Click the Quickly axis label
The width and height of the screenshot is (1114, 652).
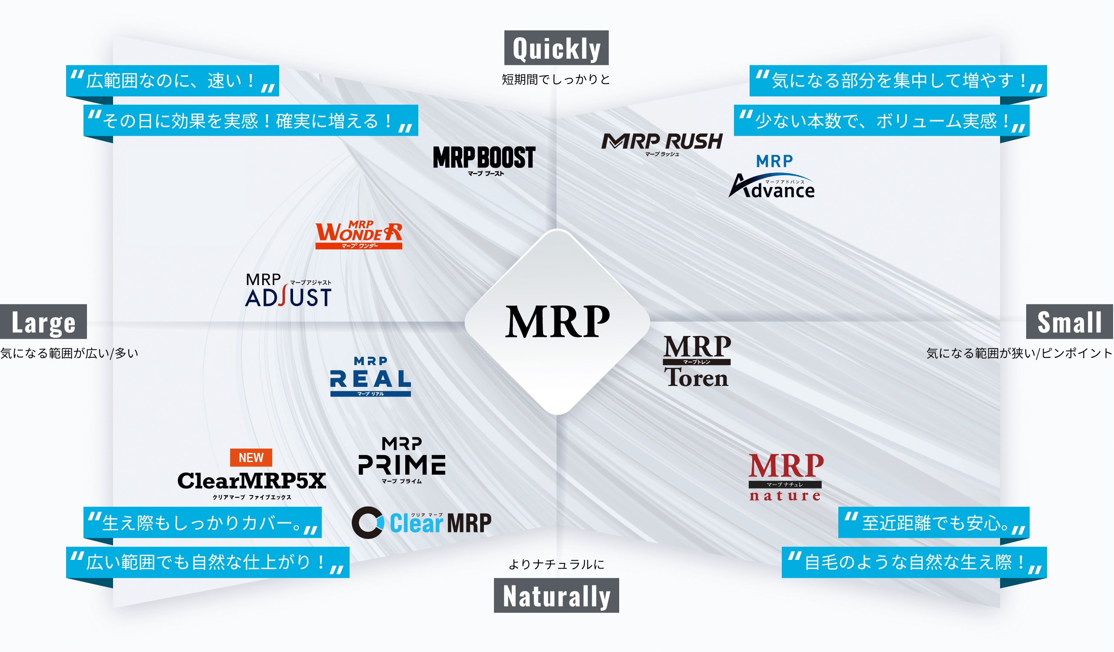[557, 48]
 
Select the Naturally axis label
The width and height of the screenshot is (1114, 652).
[557, 595]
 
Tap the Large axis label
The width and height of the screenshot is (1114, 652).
[43, 322]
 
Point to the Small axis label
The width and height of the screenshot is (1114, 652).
[1069, 322]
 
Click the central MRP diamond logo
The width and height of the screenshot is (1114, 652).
[557, 322]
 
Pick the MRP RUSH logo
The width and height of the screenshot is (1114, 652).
[662, 143]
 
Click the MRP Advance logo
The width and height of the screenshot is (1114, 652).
[772, 177]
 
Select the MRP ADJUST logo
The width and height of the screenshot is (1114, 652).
[289, 291]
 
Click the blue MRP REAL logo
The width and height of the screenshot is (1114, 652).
[370, 377]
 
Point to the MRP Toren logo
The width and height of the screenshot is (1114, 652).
[697, 362]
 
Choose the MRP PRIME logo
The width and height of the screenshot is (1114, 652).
[401, 460]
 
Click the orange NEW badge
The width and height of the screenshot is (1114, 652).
[251, 458]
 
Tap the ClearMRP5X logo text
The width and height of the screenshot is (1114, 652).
[251, 482]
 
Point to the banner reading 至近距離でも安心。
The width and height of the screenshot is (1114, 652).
[934, 523]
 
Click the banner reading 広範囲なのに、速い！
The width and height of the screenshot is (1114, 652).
[172, 81]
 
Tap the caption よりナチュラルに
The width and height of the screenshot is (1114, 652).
[557, 565]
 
